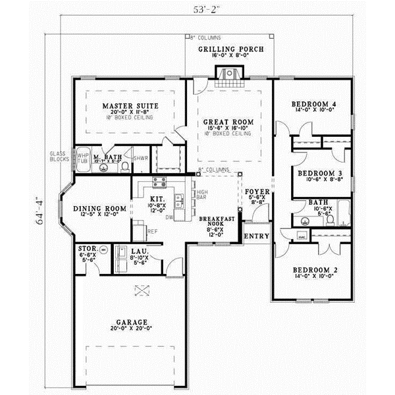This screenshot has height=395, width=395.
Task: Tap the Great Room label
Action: click(228, 122)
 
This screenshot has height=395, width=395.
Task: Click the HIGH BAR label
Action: click(202, 194)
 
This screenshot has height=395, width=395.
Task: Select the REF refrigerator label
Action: click(152, 231)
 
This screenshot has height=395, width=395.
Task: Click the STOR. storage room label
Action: click(88, 250)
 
